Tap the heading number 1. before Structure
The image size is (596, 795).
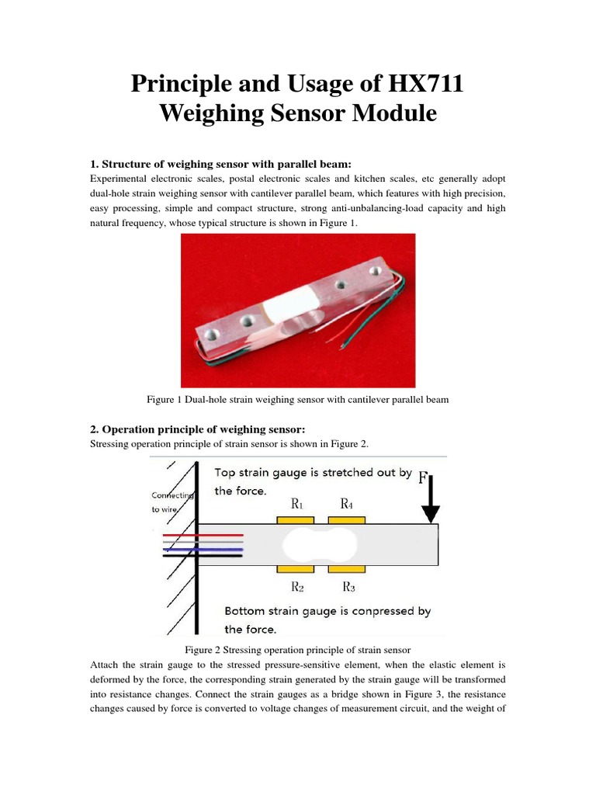point(95,164)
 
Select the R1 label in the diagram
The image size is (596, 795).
point(297,503)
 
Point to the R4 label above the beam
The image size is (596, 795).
point(348,503)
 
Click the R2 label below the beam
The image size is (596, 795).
point(297,586)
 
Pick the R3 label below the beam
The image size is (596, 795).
point(348,586)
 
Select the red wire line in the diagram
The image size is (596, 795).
point(204,536)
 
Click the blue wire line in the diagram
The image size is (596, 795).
point(204,549)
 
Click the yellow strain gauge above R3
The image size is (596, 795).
point(348,570)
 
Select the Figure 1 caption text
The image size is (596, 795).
point(298,399)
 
